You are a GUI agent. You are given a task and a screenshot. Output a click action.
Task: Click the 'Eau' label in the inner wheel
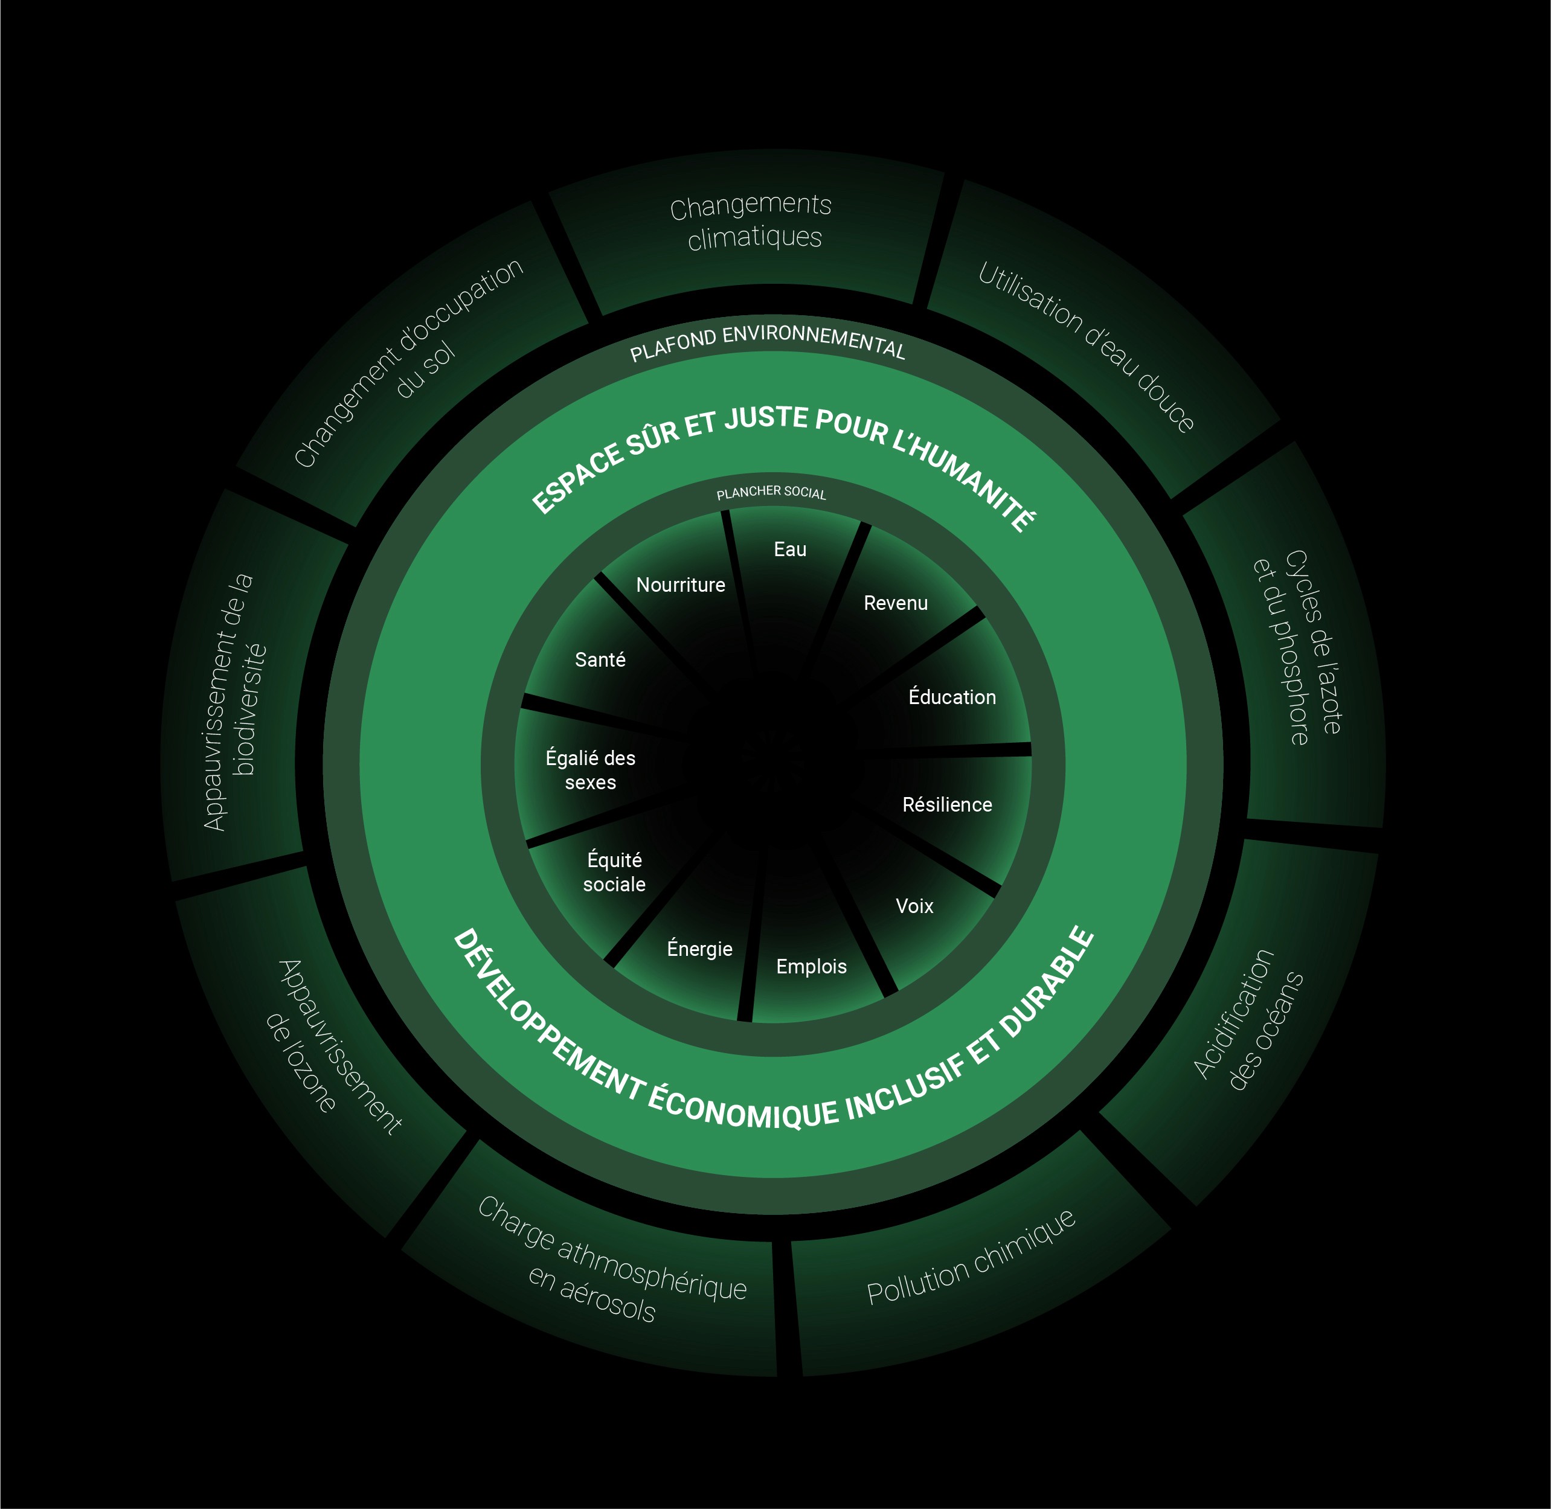(x=789, y=549)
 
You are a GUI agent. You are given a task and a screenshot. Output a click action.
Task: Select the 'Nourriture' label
(x=680, y=585)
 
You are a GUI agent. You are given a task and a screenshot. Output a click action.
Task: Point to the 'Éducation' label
(x=951, y=697)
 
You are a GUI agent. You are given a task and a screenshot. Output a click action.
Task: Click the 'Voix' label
(x=914, y=906)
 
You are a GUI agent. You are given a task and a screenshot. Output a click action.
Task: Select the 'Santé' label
(x=600, y=659)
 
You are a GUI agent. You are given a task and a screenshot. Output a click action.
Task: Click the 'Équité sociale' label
(x=614, y=872)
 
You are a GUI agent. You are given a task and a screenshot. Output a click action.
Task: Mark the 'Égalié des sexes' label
(x=591, y=769)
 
